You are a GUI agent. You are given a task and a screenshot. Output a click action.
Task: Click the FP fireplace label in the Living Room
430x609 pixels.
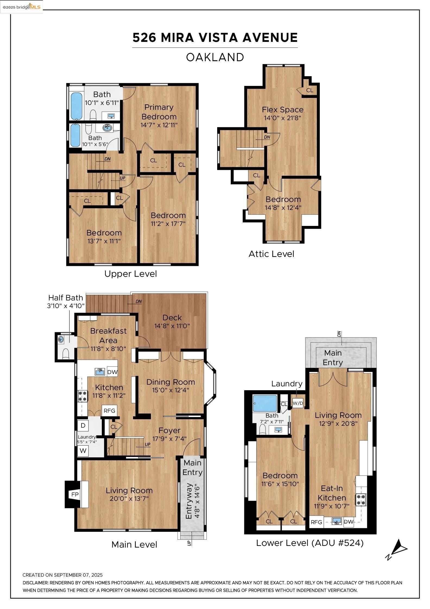(75, 495)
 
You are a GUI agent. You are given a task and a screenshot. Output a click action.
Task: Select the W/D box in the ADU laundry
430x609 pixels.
(298, 403)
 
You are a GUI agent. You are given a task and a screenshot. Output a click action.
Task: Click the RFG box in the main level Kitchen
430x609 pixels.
(109, 411)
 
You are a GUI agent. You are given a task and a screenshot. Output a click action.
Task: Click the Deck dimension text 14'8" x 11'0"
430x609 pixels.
(172, 326)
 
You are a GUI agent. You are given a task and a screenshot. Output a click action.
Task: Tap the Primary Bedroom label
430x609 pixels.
(159, 112)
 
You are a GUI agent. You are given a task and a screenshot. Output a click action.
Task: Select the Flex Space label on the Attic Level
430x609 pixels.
(283, 110)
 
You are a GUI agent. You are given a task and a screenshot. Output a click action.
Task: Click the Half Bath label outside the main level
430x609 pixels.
(65, 298)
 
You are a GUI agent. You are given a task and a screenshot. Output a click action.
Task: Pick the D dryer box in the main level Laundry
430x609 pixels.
(83, 425)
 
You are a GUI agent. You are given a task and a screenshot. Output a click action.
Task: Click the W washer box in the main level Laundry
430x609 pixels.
(83, 450)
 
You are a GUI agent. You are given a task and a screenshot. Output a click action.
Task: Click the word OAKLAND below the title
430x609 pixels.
(215, 57)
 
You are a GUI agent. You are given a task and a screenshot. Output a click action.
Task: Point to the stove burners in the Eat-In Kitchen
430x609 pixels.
(361, 499)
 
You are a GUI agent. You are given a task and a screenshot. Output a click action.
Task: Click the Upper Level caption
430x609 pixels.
(131, 274)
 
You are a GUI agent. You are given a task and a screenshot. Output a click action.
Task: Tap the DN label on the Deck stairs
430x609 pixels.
(138, 302)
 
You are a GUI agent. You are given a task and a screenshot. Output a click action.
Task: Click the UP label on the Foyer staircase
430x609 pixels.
(147, 445)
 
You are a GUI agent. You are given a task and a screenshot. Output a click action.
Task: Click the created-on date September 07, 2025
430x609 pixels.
(78, 575)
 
